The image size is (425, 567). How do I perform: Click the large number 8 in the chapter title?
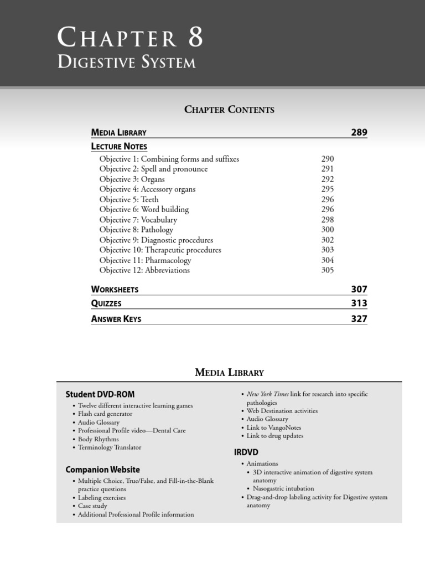[195, 39]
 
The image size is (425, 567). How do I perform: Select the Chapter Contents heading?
[229, 110]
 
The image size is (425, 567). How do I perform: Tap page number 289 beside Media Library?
[359, 132]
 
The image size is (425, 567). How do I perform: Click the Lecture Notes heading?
[119, 147]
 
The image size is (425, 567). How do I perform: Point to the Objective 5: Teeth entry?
[129, 199]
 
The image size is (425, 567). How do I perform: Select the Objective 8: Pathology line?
[136, 230]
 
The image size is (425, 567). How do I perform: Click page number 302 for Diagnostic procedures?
[328, 240]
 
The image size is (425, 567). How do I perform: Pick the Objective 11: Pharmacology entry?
[145, 260]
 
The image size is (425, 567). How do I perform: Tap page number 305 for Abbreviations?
[328, 270]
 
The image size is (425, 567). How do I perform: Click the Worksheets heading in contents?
[115, 290]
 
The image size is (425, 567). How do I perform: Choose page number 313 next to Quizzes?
[359, 303]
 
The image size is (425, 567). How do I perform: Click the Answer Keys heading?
[116, 319]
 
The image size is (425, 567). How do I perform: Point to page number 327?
[359, 319]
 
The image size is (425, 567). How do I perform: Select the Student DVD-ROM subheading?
[100, 394]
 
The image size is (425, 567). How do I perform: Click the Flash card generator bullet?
[105, 414]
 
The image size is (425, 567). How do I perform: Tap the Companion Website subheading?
[102, 470]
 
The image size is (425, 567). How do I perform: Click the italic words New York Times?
[267, 394]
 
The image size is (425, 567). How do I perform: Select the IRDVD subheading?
[246, 452]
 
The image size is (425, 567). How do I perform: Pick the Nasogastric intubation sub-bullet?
[283, 488]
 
